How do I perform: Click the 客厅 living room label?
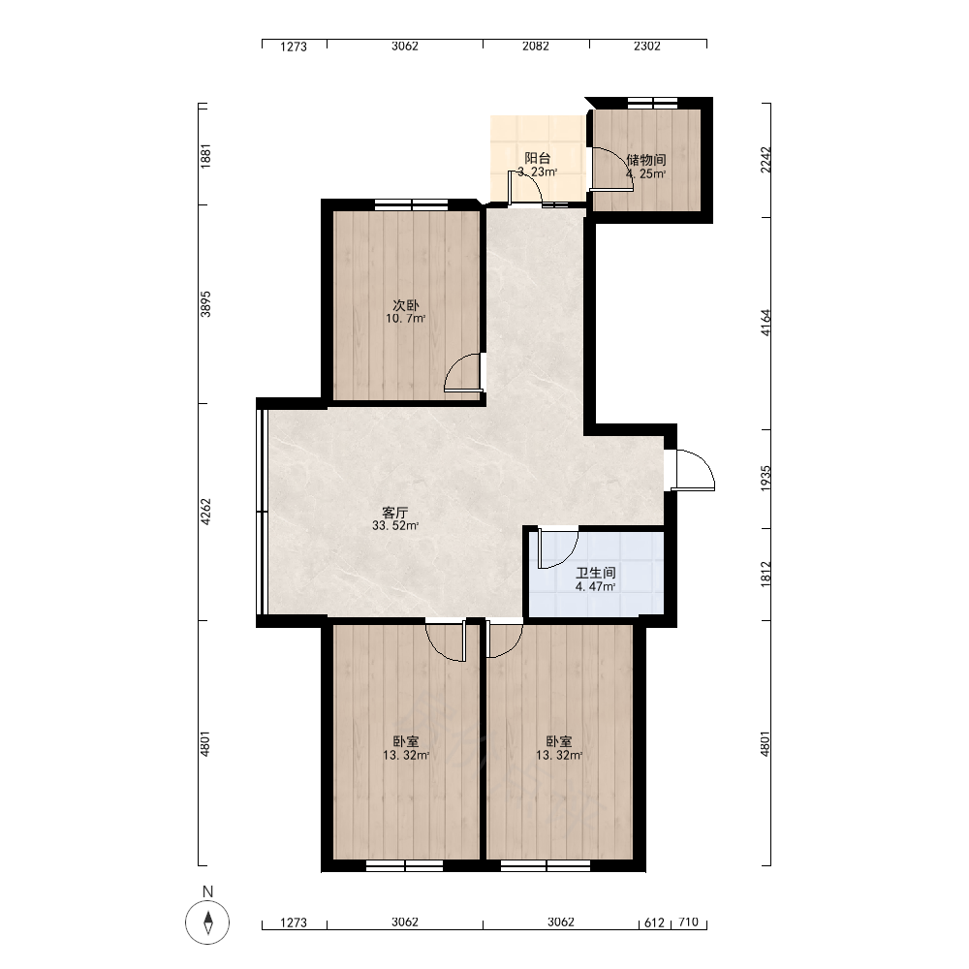[x=395, y=513]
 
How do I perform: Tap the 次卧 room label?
[x=405, y=305]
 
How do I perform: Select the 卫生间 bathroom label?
[x=596, y=574]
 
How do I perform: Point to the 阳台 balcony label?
[x=538, y=158]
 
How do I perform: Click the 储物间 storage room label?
[x=645, y=160]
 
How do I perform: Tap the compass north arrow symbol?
[x=207, y=922]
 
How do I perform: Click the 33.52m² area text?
[x=395, y=526]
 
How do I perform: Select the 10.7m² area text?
[x=405, y=319]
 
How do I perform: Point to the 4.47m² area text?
[x=595, y=587]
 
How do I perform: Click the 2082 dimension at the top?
[x=536, y=46]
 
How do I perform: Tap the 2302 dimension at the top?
[x=647, y=46]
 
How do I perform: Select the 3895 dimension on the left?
[x=205, y=304]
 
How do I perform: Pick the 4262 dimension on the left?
[x=205, y=512]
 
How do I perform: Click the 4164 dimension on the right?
[x=766, y=323]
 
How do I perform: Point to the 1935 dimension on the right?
[x=766, y=479]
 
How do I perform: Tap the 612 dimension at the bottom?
[x=654, y=922]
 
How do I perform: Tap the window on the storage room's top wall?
[x=652, y=103]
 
